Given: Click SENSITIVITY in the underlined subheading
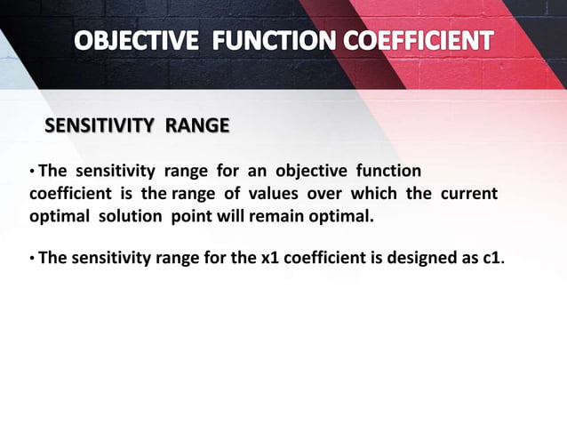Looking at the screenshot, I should pyautogui.click(x=99, y=126).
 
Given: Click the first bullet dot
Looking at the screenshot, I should pyautogui.click(x=33, y=172).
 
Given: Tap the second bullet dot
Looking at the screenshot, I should pyautogui.click(x=33, y=260).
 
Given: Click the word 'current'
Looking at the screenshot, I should pyautogui.click(x=468, y=193).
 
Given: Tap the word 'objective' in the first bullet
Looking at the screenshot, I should pyautogui.click(x=307, y=170).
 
